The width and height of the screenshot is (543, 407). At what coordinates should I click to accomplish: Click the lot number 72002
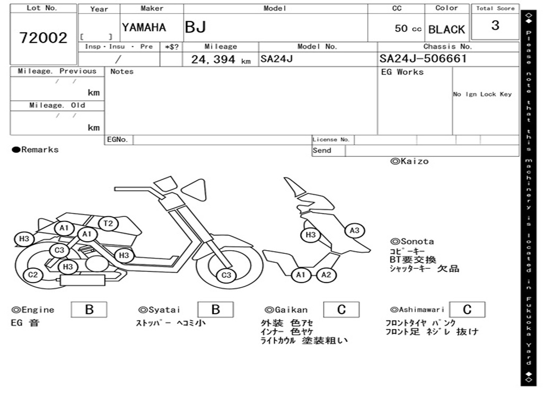[x=43, y=38]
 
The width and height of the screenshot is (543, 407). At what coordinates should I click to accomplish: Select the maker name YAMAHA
[x=144, y=28]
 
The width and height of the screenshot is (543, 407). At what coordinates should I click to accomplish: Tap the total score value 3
[x=495, y=25]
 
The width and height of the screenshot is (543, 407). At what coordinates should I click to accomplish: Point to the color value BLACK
[x=446, y=30]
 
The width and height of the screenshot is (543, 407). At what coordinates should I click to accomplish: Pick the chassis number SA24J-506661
[x=423, y=59]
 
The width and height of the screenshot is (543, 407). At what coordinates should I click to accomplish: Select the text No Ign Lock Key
[x=482, y=94]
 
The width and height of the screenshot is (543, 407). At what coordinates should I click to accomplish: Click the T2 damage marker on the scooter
[x=108, y=224]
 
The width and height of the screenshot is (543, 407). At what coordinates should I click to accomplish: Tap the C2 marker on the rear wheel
[x=33, y=275]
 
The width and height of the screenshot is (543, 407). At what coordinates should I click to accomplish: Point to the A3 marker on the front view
[x=355, y=231]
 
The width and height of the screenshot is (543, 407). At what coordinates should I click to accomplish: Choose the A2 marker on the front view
[x=326, y=275]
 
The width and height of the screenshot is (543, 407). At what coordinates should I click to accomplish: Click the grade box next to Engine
[x=89, y=309]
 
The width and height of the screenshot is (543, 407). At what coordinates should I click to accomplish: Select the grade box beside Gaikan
[x=341, y=309]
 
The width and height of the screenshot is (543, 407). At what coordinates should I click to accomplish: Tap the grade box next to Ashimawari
[x=467, y=309]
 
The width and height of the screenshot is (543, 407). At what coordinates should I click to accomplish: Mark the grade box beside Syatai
[x=215, y=309]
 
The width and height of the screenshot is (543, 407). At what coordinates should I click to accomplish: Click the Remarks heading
[x=36, y=150]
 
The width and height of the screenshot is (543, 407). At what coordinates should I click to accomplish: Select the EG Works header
[x=402, y=72]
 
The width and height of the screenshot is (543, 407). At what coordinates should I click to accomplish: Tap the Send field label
[x=322, y=151]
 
